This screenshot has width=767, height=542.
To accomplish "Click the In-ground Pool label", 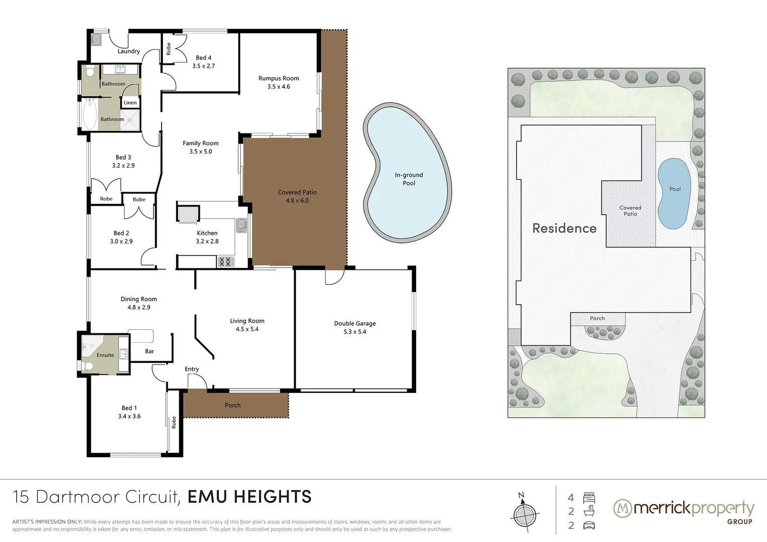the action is click(409, 179).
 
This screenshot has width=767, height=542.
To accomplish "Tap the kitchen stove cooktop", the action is click(226, 262).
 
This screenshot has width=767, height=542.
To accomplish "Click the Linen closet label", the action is click(130, 102).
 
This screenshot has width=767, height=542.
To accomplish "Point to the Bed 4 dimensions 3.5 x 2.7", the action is click(203, 66).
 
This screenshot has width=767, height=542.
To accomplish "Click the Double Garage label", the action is click(355, 323).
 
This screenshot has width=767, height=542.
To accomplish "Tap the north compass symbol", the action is click(525, 514).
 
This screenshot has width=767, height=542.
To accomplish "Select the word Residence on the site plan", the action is click(564, 228).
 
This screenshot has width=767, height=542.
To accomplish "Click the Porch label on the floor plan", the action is click(232, 405).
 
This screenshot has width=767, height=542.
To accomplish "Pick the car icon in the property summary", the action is click(589, 525).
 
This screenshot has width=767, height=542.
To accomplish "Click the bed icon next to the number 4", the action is click(589, 497).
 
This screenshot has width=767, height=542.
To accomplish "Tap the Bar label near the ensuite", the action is click(149, 351).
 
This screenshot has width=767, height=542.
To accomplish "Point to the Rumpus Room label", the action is click(279, 78).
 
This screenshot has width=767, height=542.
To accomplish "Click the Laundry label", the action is click(129, 51).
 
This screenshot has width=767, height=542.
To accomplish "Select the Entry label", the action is click(191, 369).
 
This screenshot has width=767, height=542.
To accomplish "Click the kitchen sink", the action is click(241, 225).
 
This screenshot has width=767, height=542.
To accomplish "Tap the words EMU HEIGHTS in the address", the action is click(249, 497).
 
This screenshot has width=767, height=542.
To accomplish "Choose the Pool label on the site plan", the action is click(675, 189).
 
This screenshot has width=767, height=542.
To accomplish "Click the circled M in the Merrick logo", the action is click(622, 508).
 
